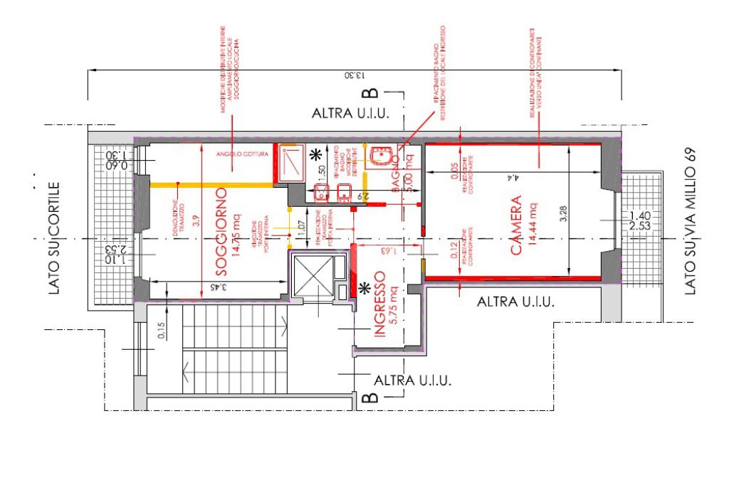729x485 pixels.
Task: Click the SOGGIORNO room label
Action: click(221, 233)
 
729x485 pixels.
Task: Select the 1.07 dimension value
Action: click(301, 229)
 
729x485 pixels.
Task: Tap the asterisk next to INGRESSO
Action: click(365, 288)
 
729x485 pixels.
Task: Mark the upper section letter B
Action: click(369, 94)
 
